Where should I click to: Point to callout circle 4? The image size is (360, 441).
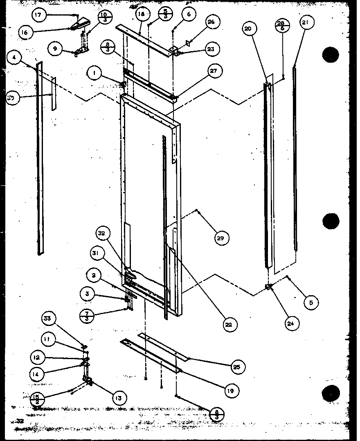click(x=15, y=58)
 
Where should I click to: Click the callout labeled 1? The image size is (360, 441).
click(x=95, y=74)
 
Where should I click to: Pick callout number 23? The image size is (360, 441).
click(x=210, y=49)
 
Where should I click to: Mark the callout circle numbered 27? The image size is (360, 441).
click(x=214, y=70)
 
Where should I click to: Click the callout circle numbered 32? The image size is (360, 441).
click(x=101, y=234)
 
